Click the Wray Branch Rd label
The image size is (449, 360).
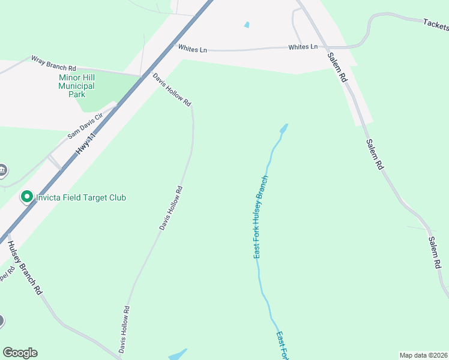click(54, 63)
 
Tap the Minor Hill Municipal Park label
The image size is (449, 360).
click(76, 86)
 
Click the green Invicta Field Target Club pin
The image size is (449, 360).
click(26, 197)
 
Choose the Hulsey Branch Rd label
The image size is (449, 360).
click(25, 268)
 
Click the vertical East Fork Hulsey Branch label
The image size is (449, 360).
click(260, 218)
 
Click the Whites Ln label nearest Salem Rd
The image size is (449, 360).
click(303, 47)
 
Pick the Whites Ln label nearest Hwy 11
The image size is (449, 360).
click(191, 49)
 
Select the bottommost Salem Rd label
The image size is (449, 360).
click(438, 252)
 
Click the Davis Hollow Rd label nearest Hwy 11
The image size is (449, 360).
click(172, 90)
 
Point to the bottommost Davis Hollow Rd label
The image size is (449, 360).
click(124, 329)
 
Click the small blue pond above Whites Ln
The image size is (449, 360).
click(247, 25)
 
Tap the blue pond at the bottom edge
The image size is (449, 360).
click(178, 355)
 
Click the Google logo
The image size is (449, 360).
click(20, 353)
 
